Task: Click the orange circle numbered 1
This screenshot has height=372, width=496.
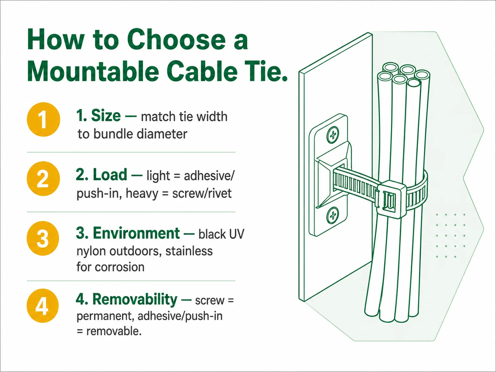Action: point(44,120)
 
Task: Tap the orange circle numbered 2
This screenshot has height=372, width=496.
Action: point(44,178)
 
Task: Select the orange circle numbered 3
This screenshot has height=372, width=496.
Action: point(43,238)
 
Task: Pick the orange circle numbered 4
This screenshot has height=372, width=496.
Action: point(42,306)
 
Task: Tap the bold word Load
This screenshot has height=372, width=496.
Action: point(110,175)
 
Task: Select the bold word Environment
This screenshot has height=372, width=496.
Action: point(136,233)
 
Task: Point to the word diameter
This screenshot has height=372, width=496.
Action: point(162,134)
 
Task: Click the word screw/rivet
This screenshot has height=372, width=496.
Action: point(202,193)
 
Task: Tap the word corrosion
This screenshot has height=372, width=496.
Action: point(120,267)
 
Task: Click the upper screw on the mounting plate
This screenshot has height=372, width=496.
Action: point(333,135)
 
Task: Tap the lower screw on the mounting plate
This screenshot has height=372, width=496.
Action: point(333,215)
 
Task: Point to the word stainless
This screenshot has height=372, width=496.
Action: point(189,251)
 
